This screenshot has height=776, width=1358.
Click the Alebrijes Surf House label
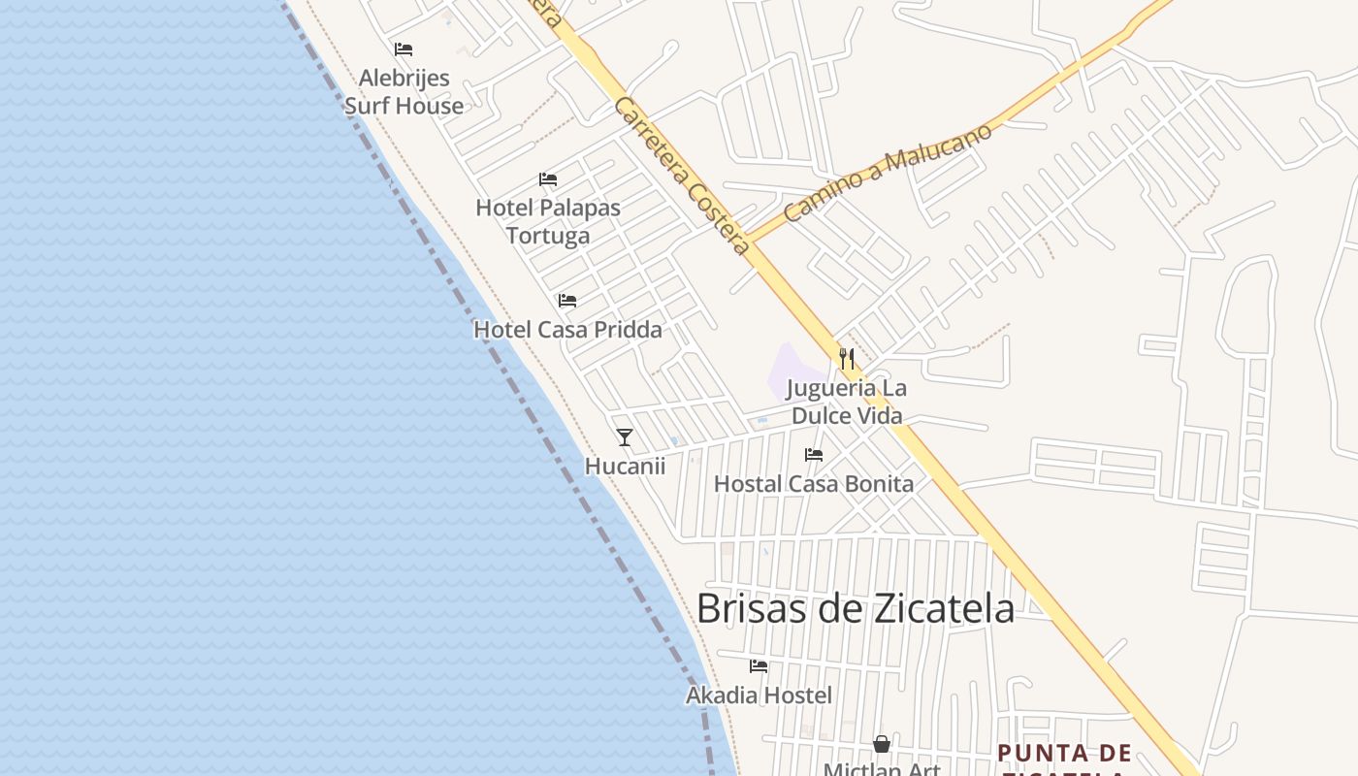(x=404, y=91)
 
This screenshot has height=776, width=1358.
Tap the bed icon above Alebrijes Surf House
(x=404, y=49)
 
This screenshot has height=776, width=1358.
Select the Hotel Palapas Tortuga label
(x=548, y=221)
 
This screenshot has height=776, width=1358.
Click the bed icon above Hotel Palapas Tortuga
(x=548, y=179)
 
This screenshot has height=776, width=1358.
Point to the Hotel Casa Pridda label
(x=567, y=330)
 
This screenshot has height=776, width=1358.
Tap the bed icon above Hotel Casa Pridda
(x=567, y=301)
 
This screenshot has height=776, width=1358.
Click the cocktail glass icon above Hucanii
(x=625, y=437)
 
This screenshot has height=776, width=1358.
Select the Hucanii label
(x=625, y=467)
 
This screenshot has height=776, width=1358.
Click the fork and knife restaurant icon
(x=847, y=359)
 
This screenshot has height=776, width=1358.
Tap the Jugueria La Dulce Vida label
(x=847, y=402)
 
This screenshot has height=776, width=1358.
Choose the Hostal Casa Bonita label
(x=814, y=483)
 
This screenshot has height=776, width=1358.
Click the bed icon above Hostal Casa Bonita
(x=814, y=454)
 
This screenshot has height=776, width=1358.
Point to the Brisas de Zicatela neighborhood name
(x=856, y=608)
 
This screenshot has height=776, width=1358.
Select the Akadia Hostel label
(x=759, y=695)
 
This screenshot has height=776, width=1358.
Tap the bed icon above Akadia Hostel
(x=759, y=666)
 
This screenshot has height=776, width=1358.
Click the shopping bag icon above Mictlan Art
(x=882, y=744)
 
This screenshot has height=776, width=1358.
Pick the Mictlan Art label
(x=882, y=769)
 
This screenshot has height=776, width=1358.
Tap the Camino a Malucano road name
(x=888, y=173)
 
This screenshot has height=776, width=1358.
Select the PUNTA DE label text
(x=1064, y=753)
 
